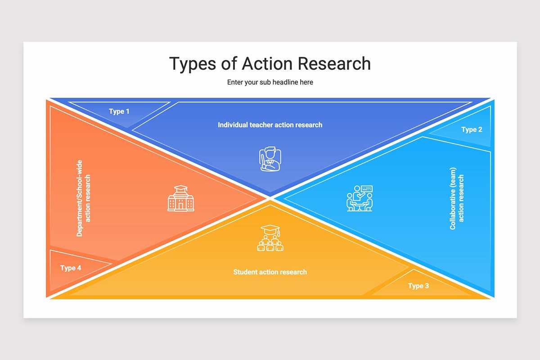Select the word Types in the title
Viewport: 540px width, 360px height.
[192, 64]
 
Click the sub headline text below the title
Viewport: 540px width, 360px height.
[270, 82]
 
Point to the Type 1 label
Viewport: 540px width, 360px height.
[119, 111]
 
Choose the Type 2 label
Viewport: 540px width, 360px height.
[472, 130]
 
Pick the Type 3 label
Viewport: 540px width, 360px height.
[418, 286]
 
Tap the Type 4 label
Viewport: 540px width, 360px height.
[71, 268]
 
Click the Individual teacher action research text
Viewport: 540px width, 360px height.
[270, 125]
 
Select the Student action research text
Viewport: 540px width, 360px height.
[270, 272]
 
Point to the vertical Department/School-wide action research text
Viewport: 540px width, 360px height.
[84, 198]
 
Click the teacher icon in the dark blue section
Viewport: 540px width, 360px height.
[270, 159]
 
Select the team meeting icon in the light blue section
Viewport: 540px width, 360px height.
[360, 198]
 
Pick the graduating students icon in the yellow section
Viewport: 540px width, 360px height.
[270, 238]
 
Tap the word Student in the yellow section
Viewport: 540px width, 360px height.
[246, 272]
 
